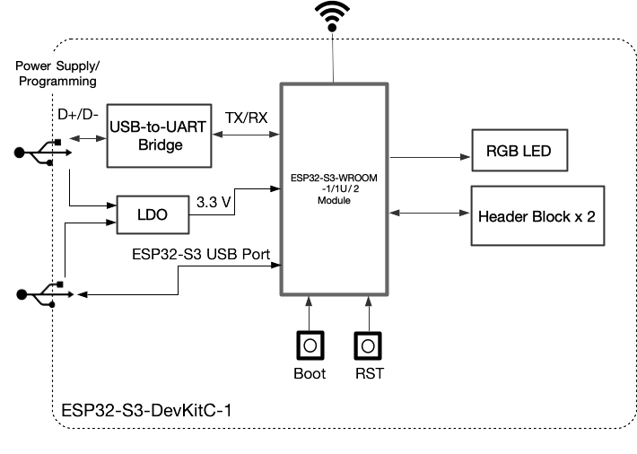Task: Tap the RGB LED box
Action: tap(520, 151)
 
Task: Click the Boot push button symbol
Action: tap(310, 345)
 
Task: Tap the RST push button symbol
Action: tap(368, 345)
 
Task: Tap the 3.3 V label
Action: tap(214, 203)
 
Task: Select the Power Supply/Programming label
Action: tap(56, 74)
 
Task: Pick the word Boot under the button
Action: tap(310, 373)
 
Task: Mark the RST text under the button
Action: tap(369, 373)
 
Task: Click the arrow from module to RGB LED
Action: tap(431, 155)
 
